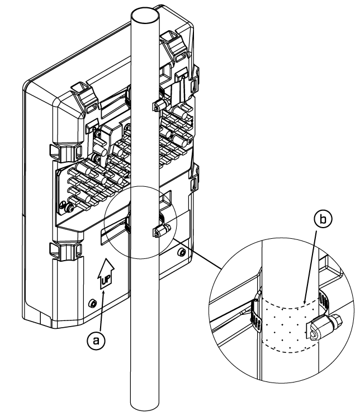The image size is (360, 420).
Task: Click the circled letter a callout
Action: (96, 341)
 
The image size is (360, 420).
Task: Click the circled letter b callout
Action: (323, 220)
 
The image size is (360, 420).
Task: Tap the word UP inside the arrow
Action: (106, 280)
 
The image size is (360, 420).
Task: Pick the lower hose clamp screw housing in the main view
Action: (161, 231)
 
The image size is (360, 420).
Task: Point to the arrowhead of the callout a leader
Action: (104, 293)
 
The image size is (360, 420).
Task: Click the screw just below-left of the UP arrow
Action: (92, 304)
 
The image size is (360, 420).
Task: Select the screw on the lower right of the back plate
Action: (182, 252)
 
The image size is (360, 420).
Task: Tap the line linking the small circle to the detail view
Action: (196, 254)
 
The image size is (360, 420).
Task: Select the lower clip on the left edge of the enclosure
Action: (65, 251)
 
